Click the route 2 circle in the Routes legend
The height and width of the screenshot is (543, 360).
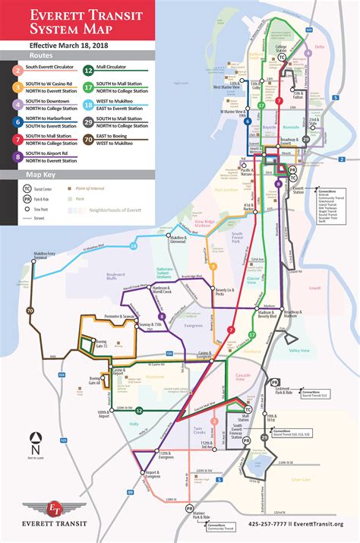pyautogui.click(x=17, y=69)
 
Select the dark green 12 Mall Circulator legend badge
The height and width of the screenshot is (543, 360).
pyautogui.click(x=89, y=69)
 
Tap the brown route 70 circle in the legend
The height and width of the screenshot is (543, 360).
pyautogui.click(x=89, y=139)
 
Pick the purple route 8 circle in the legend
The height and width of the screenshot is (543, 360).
pyautogui.click(x=17, y=156)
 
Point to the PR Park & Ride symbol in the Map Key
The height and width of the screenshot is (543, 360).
pyautogui.click(x=27, y=198)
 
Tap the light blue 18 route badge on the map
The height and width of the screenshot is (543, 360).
pyautogui.click(x=133, y=246)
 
